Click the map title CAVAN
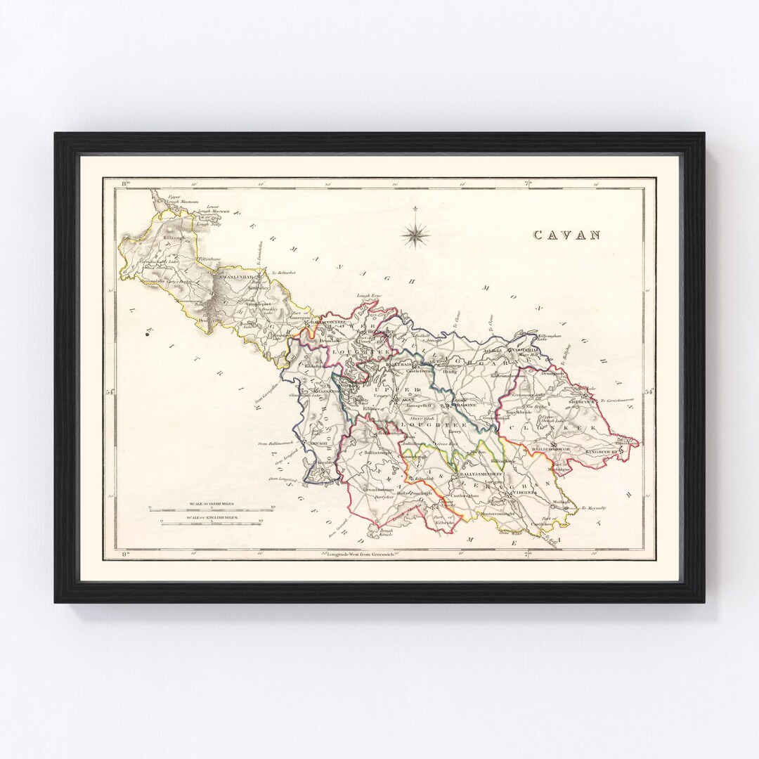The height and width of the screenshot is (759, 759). click(x=566, y=235)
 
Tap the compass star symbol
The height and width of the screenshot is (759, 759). click(x=416, y=233)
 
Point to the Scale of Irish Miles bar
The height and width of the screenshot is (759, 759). click(x=212, y=508)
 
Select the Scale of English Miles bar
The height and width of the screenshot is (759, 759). click(x=212, y=521)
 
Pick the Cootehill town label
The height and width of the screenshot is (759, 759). click(x=526, y=349)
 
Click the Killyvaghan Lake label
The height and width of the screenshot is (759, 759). click(x=550, y=339)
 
